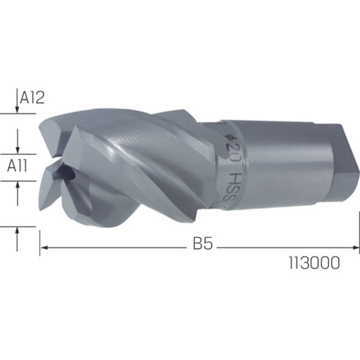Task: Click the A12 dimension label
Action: (32, 97)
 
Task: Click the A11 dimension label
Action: (17, 166)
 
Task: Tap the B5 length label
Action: (203, 244)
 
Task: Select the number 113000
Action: (314, 263)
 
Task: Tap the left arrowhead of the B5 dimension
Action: (44, 248)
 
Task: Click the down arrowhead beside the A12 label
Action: (17, 110)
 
